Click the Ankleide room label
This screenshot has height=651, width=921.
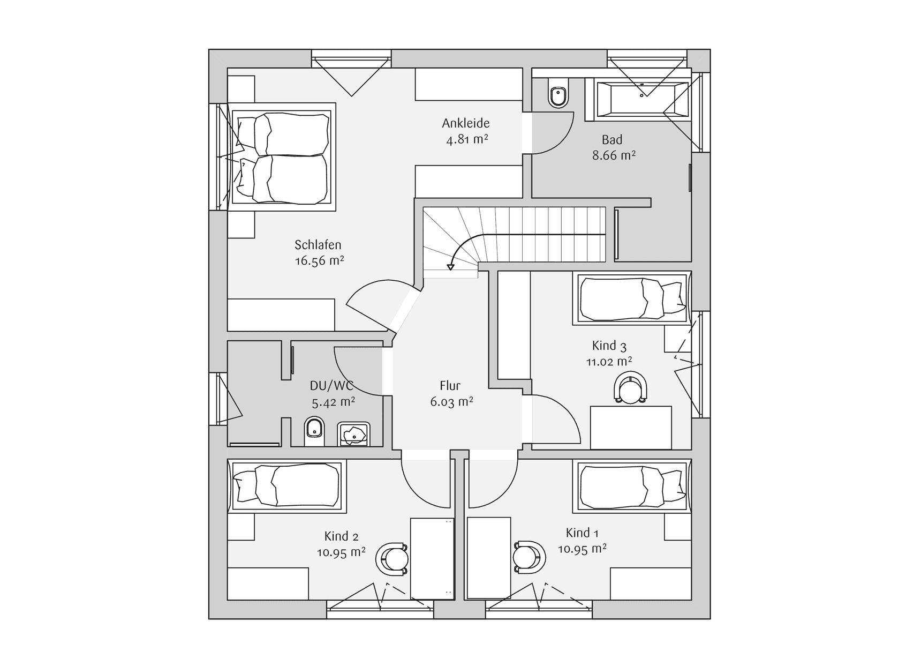pyautogui.click(x=466, y=123)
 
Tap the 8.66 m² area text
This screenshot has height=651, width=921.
pyautogui.click(x=614, y=156)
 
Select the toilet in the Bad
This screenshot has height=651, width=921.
pyautogui.click(x=558, y=93)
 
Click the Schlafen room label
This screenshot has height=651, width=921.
pyautogui.click(x=318, y=245)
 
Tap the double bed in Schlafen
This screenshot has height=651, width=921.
pyautogui.click(x=282, y=157)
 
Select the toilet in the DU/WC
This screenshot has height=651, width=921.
pyautogui.click(x=314, y=432)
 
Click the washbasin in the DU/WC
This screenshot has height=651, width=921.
pyautogui.click(x=353, y=434)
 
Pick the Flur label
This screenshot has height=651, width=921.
pyautogui.click(x=450, y=386)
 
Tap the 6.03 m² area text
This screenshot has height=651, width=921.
pyautogui.click(x=451, y=402)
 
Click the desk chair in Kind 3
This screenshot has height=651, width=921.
pyautogui.click(x=631, y=388)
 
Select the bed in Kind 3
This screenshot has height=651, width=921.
pyautogui.click(x=632, y=298)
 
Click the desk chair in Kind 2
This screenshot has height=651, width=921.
pyautogui.click(x=393, y=559)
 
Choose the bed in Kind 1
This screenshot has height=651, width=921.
pyautogui.click(x=632, y=486)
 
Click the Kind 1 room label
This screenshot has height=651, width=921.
pyautogui.click(x=582, y=533)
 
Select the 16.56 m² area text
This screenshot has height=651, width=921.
pyautogui.click(x=319, y=261)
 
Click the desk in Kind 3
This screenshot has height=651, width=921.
pyautogui.click(x=631, y=428)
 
